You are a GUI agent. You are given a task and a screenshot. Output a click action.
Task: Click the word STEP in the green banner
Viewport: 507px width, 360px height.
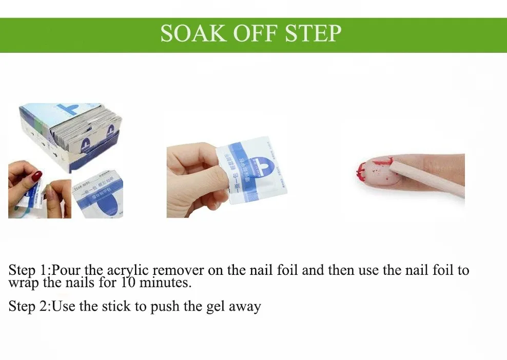313,33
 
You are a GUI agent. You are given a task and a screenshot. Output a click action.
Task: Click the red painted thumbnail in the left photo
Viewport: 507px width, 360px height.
37,176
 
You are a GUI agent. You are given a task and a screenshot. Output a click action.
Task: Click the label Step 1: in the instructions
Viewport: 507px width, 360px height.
30,270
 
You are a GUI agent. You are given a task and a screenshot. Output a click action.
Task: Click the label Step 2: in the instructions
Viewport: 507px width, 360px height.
30,307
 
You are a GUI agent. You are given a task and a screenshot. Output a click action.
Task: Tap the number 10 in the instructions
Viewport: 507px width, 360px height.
128,282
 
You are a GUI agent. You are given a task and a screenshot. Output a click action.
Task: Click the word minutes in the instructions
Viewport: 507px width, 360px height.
164,282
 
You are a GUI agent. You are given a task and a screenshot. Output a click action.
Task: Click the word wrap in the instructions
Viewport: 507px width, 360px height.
23,283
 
